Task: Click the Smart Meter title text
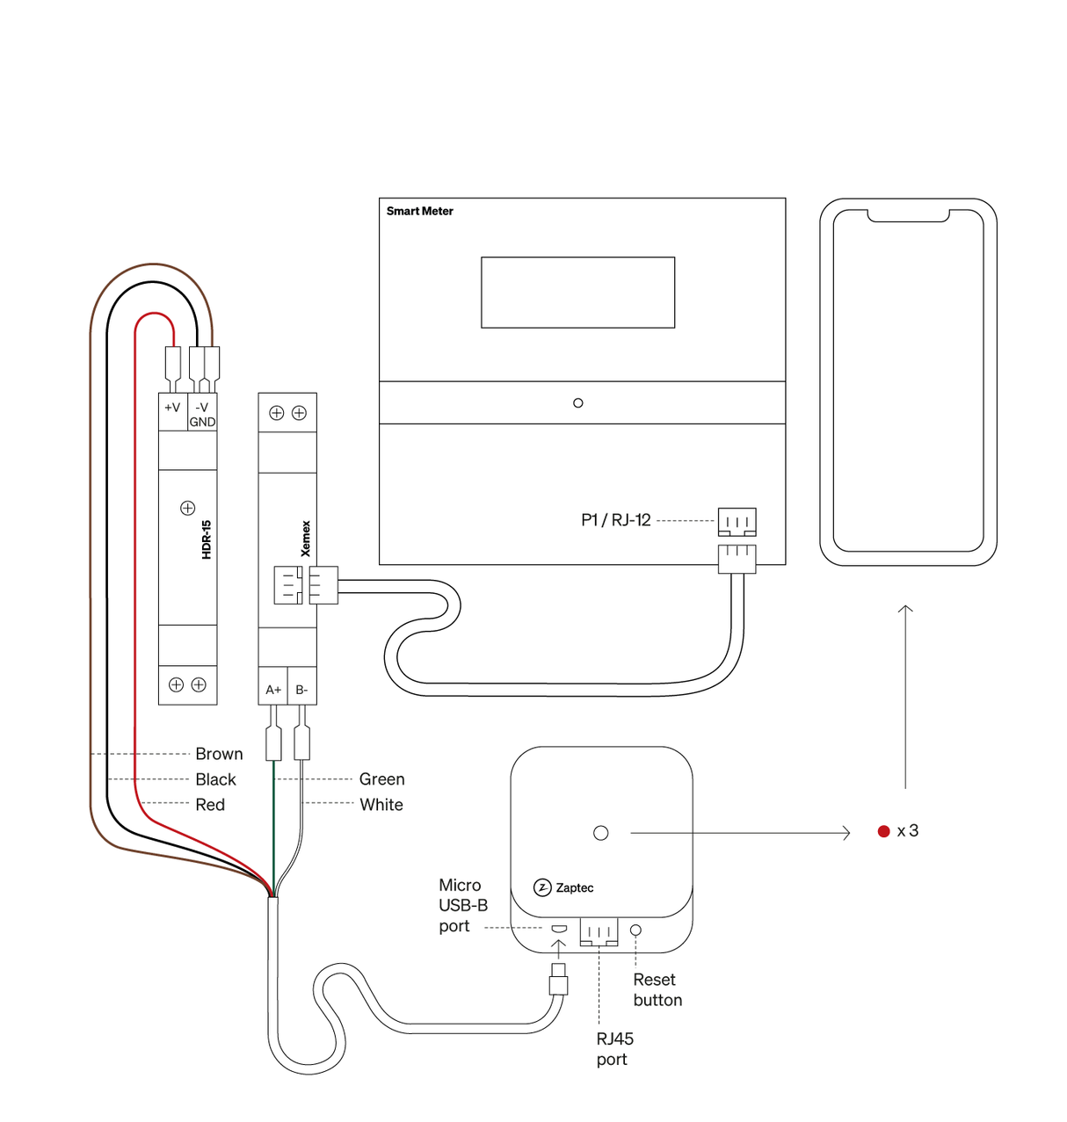click(x=419, y=211)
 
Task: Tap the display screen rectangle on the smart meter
click(x=577, y=293)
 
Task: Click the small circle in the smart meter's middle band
click(x=577, y=403)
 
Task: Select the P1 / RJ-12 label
click(x=615, y=520)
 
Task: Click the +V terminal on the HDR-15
click(x=172, y=408)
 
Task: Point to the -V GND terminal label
click(x=202, y=415)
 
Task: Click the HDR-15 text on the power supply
click(x=207, y=539)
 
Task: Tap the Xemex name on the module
click(x=306, y=539)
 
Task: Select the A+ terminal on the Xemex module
click(x=273, y=690)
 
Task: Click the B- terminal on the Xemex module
click(x=301, y=690)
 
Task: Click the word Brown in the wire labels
click(x=219, y=754)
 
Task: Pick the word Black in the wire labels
click(x=215, y=779)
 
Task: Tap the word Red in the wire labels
click(x=210, y=805)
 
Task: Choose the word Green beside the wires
click(x=381, y=779)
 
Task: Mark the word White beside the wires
click(x=381, y=805)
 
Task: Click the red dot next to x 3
click(x=884, y=831)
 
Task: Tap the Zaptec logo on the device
click(x=564, y=887)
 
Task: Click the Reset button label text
click(x=657, y=990)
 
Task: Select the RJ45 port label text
click(x=614, y=1049)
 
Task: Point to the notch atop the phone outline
click(x=908, y=215)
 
